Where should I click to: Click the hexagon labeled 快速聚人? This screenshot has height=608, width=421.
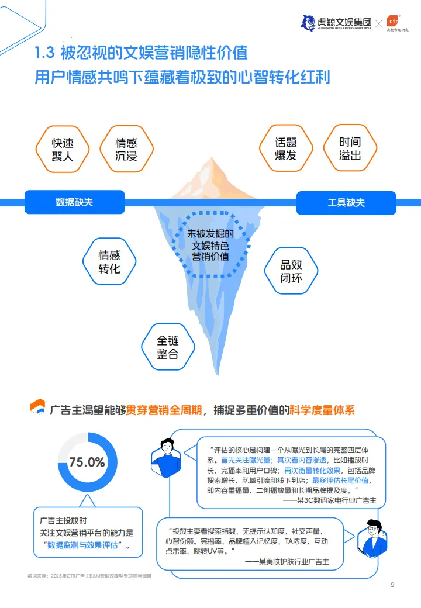click(62, 150)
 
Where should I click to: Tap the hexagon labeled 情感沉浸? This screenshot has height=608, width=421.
click(126, 150)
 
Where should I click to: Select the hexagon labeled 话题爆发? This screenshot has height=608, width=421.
click(286, 149)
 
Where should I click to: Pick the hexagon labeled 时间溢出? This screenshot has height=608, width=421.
click(350, 148)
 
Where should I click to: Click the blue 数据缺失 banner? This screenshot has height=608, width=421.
click(74, 202)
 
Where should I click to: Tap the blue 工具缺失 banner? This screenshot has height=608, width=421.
click(346, 202)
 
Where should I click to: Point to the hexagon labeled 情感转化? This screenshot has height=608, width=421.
click(109, 262)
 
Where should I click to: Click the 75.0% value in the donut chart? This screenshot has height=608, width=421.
click(87, 462)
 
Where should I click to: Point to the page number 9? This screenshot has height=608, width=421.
click(392, 585)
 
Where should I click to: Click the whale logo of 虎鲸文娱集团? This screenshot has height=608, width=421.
click(308, 23)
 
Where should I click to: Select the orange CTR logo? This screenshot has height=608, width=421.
click(393, 21)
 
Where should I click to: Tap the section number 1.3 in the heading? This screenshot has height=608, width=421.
click(44, 53)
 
